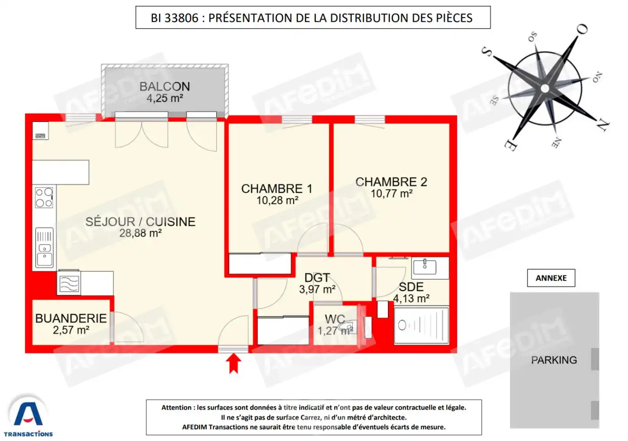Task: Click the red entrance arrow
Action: (233, 363)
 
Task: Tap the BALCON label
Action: (164, 86)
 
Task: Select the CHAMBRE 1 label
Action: (276, 189)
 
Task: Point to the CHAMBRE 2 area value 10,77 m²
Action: (391, 194)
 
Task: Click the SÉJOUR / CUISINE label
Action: (140, 222)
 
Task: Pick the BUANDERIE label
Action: (71, 318)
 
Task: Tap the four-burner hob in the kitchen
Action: (44, 198)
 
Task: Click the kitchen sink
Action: (44, 254)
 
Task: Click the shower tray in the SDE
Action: (421, 325)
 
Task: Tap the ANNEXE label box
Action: (551, 278)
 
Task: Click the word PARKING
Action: (554, 360)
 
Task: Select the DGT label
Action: (317, 278)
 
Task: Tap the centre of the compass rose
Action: (545, 88)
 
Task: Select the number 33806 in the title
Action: (181, 18)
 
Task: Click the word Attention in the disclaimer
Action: (176, 407)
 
